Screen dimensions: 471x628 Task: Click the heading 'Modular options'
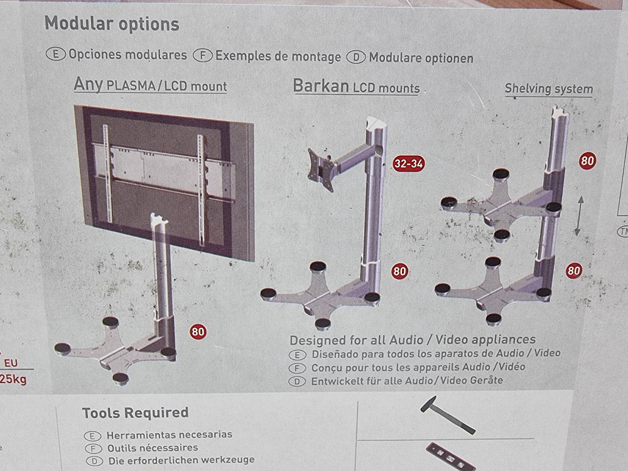pos(112,24)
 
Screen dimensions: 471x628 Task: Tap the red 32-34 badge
pos(409,163)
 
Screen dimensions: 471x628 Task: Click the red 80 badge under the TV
pos(197,331)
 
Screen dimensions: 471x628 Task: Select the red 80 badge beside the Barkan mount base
pos(399,271)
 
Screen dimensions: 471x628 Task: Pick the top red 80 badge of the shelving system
pos(587,160)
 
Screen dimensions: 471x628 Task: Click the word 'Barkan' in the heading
pos(321,86)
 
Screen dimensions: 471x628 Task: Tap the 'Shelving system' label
pos(548,89)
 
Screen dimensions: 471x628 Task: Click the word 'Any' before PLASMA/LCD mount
pos(88,83)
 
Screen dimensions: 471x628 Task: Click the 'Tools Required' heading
pos(135,413)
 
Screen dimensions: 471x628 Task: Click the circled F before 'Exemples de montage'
pos(203,55)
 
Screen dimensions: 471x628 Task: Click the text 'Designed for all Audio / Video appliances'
pos(412,340)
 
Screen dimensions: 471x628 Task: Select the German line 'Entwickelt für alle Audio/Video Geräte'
pos(407,381)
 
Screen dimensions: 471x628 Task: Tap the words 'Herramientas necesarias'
pos(169,434)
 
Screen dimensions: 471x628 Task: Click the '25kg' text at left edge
pos(14,379)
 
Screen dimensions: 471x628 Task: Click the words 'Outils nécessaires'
pos(152,448)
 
